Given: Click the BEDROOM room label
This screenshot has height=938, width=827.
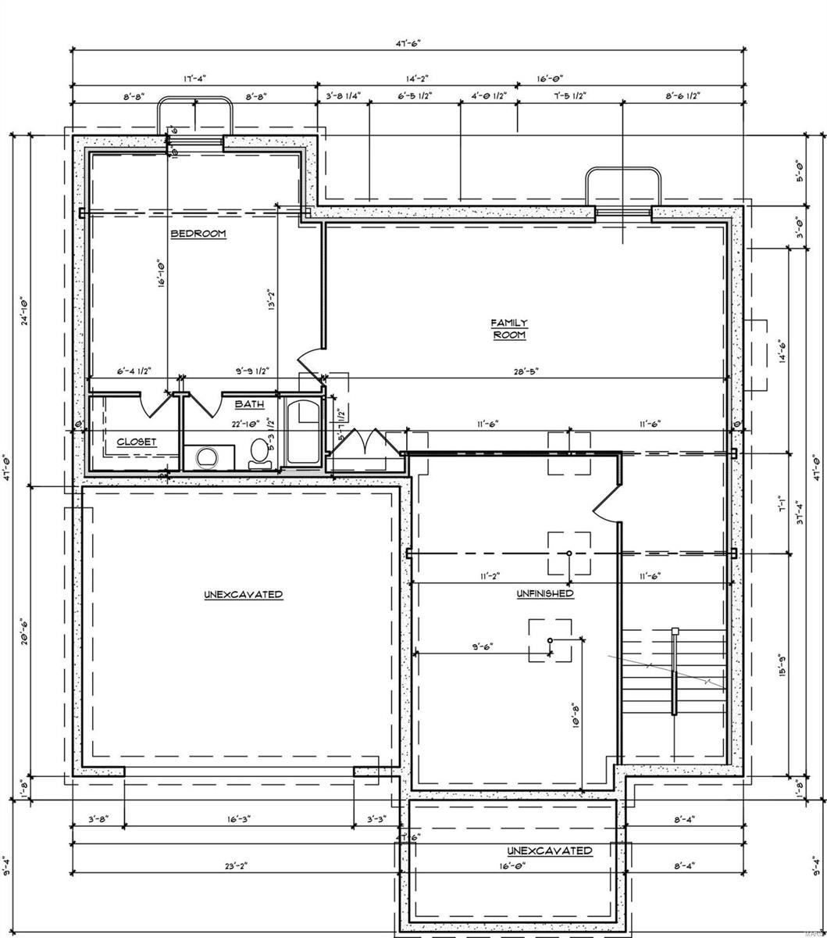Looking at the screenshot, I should pyautogui.click(x=198, y=234).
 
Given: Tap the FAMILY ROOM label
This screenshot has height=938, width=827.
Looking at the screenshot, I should pyautogui.click(x=509, y=328).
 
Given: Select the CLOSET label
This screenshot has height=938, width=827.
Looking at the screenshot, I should pyautogui.click(x=137, y=442).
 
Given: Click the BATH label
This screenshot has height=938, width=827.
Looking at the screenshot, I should pyautogui.click(x=250, y=404).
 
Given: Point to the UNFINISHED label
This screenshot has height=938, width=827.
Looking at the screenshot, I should pyautogui.click(x=545, y=593).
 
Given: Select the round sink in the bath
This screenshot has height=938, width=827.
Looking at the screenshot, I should pyautogui.click(x=207, y=456).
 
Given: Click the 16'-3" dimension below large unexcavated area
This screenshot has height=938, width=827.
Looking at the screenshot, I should pyautogui.click(x=238, y=820).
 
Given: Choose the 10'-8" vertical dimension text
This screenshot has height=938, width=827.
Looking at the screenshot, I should pyautogui.click(x=576, y=715).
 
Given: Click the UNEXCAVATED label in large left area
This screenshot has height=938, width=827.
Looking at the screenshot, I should pyautogui.click(x=244, y=595).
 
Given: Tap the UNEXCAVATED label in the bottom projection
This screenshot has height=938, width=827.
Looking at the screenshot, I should pyautogui.click(x=549, y=850).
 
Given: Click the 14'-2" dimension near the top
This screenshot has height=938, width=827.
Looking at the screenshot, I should pyautogui.click(x=418, y=78).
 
